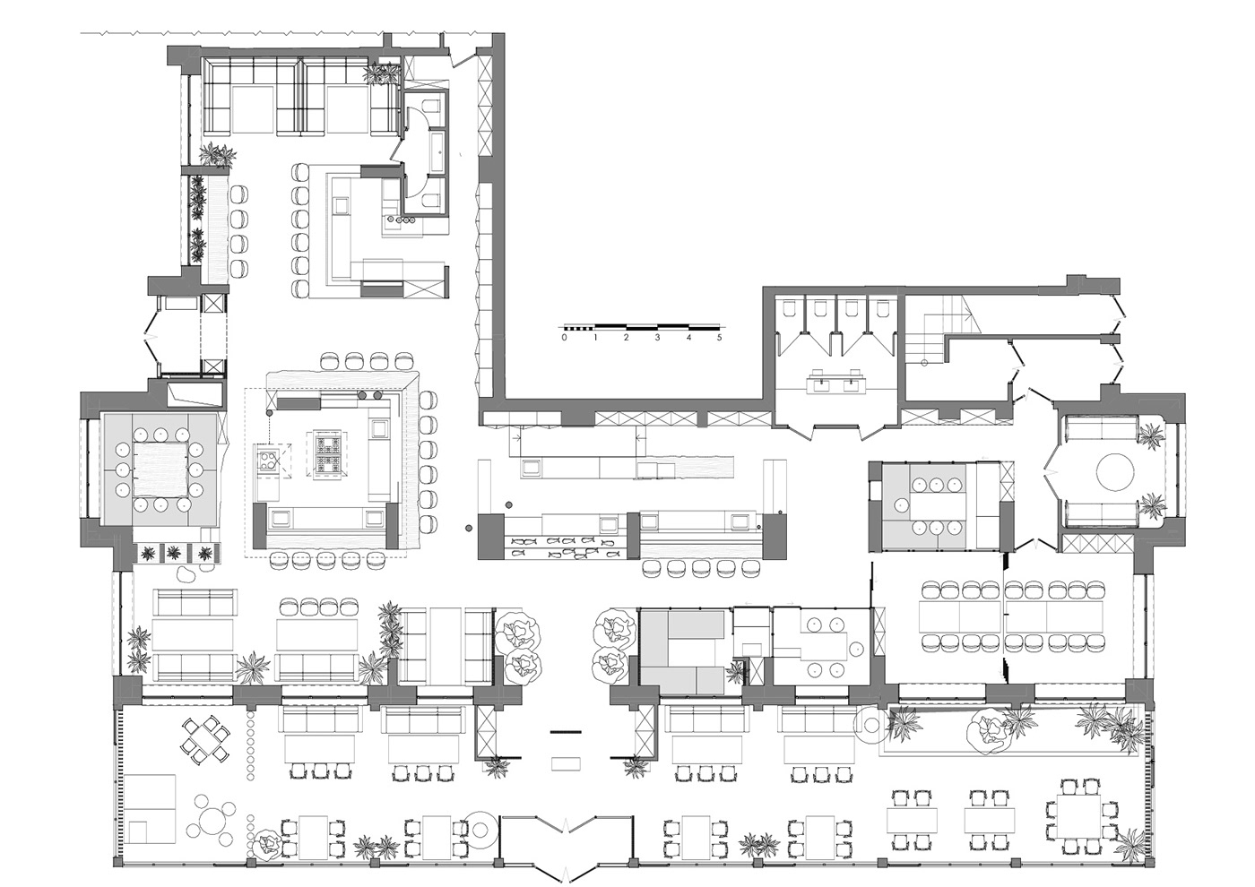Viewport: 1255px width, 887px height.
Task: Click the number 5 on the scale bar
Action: [719, 339]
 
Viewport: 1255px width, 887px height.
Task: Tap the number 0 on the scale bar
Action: [564, 339]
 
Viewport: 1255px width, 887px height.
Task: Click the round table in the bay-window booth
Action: [1114, 471]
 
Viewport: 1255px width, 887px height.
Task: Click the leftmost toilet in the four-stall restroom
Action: [790, 308]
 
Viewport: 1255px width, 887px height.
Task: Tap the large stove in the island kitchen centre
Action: [325, 452]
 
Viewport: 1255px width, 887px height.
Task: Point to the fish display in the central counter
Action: [563, 547]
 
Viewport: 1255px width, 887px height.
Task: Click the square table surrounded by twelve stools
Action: [158, 469]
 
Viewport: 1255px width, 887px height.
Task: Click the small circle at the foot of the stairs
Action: [925, 361]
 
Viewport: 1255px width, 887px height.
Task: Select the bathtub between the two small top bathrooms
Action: [437, 151]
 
